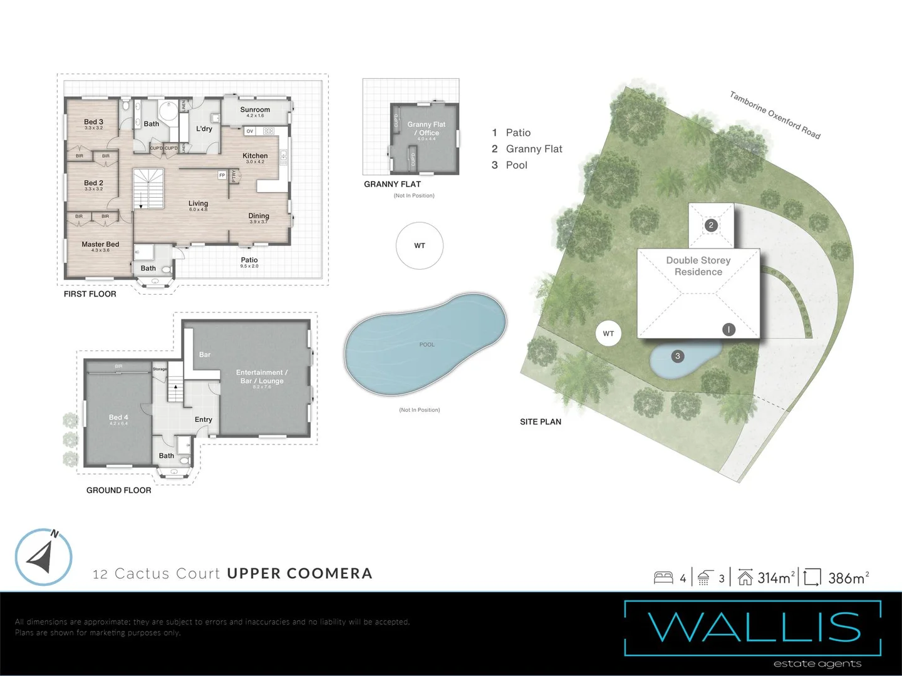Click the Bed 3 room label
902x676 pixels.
point(93,122)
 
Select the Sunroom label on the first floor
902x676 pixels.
point(255,110)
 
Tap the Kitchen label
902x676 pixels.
point(255,156)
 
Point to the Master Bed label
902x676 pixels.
point(100,245)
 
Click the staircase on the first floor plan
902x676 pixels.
point(148,188)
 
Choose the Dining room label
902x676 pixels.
point(259,216)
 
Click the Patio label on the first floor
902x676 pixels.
point(249,260)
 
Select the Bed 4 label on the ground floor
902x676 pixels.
point(118,417)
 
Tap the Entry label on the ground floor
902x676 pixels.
point(204,420)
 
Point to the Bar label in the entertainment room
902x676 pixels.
point(205,355)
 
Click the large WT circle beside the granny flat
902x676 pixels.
point(420,246)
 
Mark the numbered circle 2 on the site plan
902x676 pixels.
point(711,225)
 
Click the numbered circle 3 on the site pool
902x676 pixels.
point(677,356)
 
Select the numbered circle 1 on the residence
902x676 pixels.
point(728,329)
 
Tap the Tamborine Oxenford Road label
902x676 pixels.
point(775,115)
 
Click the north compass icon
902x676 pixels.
point(43,557)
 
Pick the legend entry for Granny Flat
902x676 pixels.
point(534,149)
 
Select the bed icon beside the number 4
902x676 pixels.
point(663,578)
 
